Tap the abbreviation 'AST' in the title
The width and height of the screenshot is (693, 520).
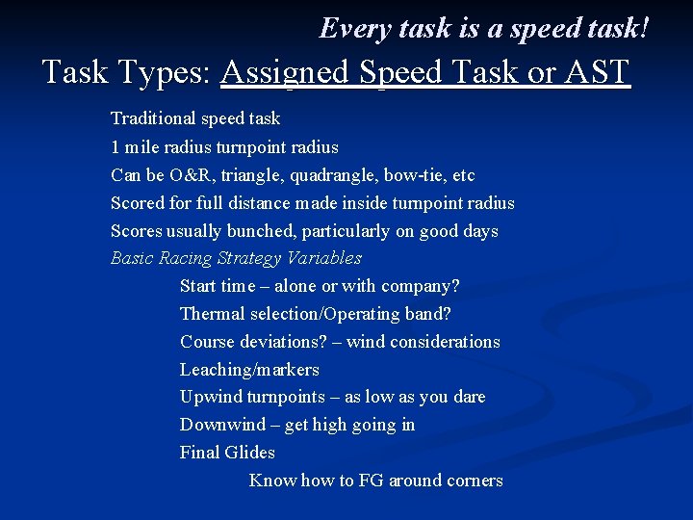coord(592,72)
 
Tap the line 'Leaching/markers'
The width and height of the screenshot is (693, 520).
coord(249,370)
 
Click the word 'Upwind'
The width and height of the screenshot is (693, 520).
coord(211,397)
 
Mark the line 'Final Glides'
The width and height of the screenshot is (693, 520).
coord(227,453)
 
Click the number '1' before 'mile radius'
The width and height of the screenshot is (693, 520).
coord(115,147)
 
